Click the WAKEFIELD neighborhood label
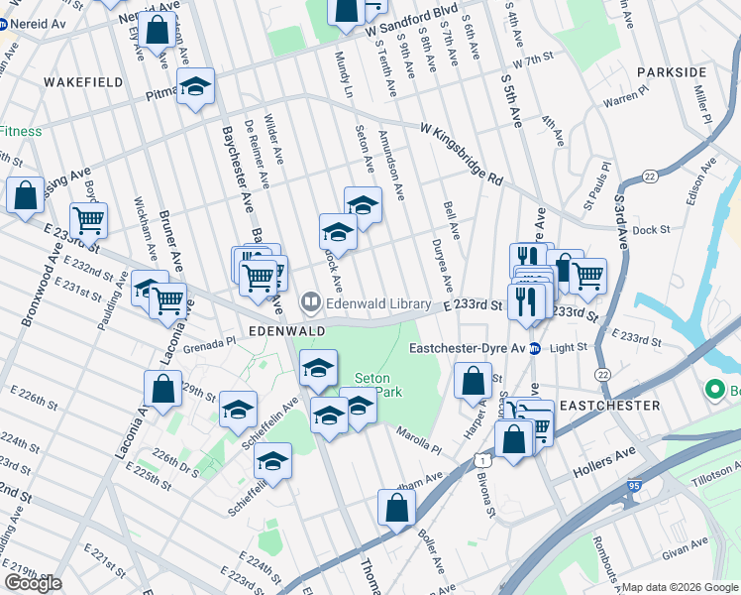click(x=82, y=81)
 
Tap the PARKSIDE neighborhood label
click(x=672, y=72)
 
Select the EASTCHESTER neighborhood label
click(x=608, y=407)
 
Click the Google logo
click(x=33, y=583)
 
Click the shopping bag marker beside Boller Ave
click(x=396, y=509)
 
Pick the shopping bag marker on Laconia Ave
click(x=162, y=388)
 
